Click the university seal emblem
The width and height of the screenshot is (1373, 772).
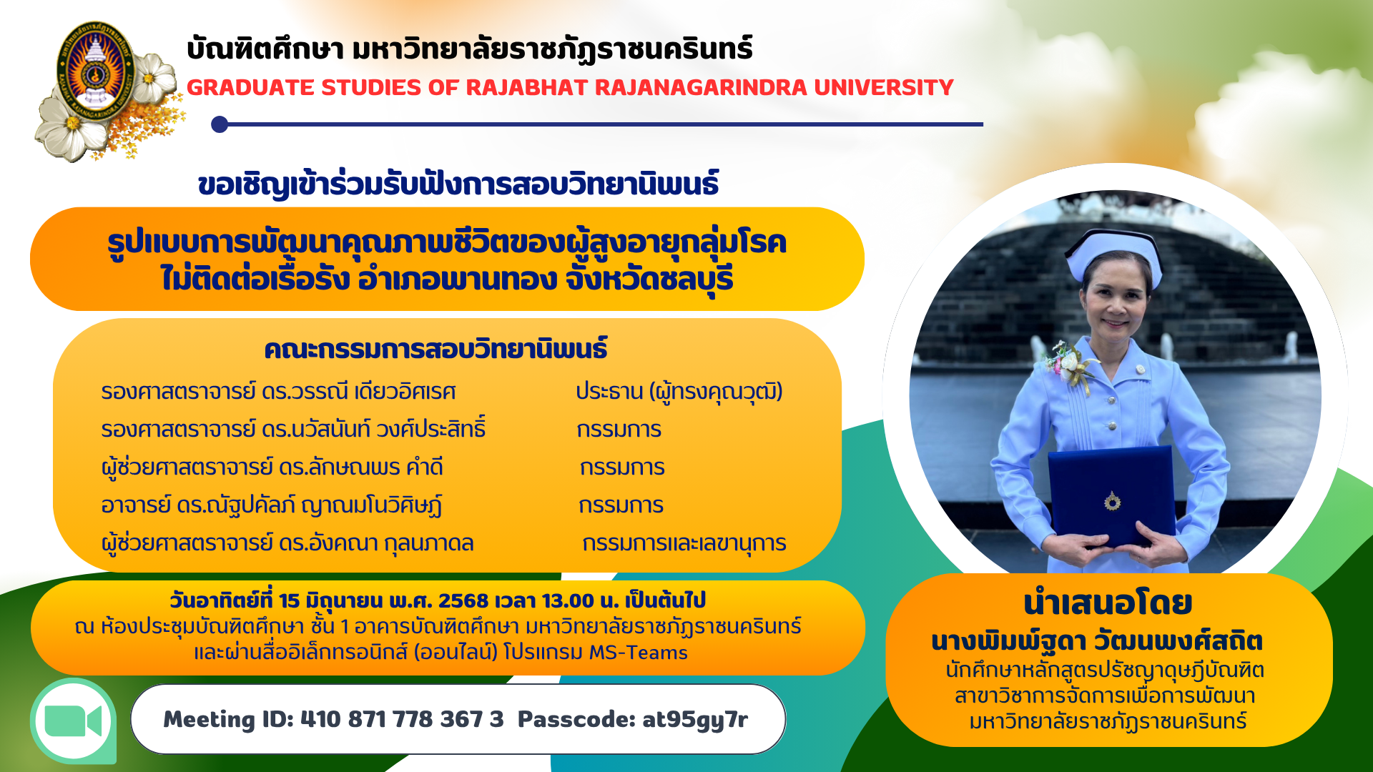coord(96,74)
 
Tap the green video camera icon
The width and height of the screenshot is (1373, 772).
coord(73,721)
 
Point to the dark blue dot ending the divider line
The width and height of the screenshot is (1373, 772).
coord(220,124)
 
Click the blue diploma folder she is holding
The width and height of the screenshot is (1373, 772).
coord(1113,496)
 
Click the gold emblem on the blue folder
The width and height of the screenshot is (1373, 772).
coord(1112,501)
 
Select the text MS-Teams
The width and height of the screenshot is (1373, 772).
coord(638,653)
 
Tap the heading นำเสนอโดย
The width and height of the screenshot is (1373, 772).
coord(1108,603)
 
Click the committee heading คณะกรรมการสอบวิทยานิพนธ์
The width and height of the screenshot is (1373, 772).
coord(435,349)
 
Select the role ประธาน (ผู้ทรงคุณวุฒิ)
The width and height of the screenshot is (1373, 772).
coord(679,392)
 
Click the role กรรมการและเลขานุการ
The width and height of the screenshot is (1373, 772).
coord(684,543)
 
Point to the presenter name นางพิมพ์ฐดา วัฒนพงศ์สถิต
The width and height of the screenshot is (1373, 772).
coord(1097,640)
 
